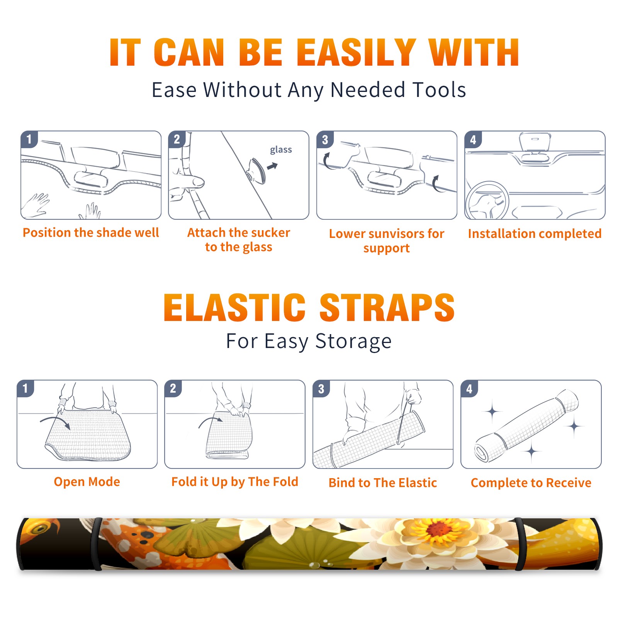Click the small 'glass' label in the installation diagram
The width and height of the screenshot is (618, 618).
click(x=281, y=150)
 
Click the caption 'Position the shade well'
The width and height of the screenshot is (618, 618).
click(x=91, y=233)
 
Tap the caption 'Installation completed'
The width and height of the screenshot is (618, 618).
click(x=535, y=233)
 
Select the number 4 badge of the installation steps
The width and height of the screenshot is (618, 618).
click(x=473, y=139)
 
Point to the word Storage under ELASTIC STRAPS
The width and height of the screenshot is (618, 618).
click(x=353, y=341)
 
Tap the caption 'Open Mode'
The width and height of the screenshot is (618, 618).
click(x=87, y=482)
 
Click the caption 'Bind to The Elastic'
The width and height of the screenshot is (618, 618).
click(x=383, y=483)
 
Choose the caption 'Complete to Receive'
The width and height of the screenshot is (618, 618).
click(x=531, y=483)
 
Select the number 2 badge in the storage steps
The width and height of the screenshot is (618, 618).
click(x=173, y=388)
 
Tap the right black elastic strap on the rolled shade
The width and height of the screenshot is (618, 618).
click(x=520, y=544)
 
